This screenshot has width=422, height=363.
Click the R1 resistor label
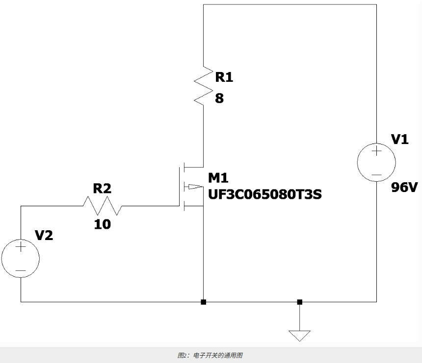pos(224,77)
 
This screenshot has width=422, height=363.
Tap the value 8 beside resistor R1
pos(219,98)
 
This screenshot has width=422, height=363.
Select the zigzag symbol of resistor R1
pos(204,85)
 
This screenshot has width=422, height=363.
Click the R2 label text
pos(102,188)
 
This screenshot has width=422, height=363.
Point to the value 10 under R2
pos(102,224)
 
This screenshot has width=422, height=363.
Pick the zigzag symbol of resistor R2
pos(102,206)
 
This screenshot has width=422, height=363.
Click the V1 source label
pos(399,140)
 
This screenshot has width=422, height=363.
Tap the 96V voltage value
pos(404,187)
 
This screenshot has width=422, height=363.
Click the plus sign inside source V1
pos(376,151)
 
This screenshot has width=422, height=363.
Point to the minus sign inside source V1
pos(376,175)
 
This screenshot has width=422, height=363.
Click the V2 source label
pos(44,235)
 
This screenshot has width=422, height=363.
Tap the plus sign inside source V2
pos(21,247)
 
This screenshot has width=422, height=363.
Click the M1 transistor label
pos(218,178)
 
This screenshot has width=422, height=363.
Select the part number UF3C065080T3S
pos(265,194)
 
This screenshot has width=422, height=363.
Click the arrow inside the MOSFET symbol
pos(196,187)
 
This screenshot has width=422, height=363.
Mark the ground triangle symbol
pos(299,336)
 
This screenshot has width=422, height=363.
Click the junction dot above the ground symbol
pos(299,302)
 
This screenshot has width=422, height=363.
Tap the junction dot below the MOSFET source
pos(204,302)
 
